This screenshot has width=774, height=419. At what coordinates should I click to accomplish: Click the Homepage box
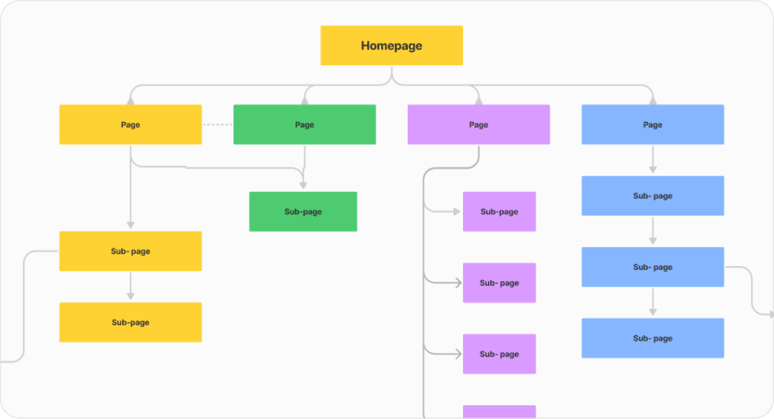391,46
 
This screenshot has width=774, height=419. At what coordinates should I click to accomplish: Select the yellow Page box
130,124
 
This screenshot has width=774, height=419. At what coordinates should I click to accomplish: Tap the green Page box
304,124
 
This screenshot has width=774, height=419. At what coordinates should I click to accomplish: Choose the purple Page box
479,124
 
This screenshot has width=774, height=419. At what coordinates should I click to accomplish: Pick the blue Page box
653,124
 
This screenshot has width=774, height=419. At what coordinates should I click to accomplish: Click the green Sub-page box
303,212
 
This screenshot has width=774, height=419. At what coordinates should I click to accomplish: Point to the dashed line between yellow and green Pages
217,124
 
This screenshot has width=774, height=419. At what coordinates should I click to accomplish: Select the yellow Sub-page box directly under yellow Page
130,251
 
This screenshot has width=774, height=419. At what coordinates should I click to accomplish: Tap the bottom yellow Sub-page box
130,322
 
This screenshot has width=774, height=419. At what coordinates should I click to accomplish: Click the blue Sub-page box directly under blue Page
653,196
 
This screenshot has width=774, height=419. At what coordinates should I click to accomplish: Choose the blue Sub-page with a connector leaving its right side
653,267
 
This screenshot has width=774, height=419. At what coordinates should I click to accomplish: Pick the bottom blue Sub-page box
653,338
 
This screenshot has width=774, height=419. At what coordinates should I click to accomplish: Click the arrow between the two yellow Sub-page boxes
130,286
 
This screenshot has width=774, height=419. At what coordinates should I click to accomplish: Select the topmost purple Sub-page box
499,212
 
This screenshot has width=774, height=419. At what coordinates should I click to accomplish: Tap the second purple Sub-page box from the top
499,283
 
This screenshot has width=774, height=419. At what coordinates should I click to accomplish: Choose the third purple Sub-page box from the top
499,354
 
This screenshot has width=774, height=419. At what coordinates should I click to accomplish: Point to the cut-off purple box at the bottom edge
499,412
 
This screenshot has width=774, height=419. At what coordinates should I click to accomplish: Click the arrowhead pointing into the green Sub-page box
303,186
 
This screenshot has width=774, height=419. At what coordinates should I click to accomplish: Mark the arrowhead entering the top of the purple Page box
479,100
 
